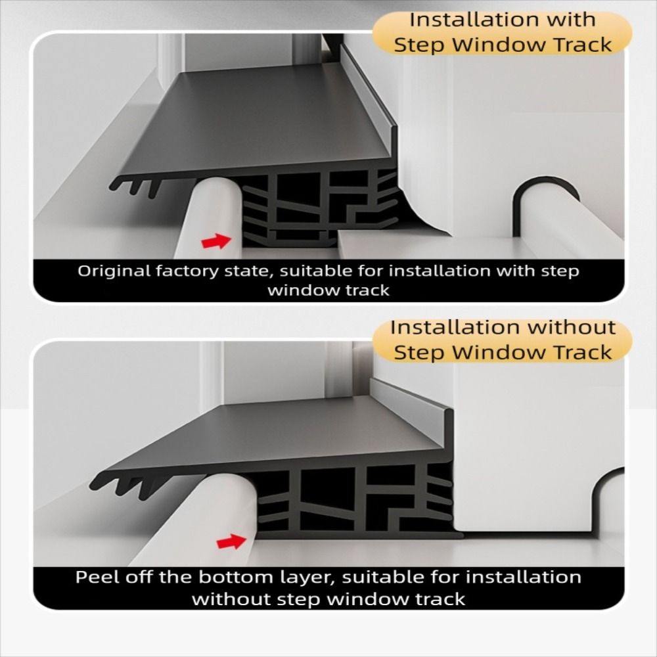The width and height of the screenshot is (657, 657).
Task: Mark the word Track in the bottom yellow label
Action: (581, 352)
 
